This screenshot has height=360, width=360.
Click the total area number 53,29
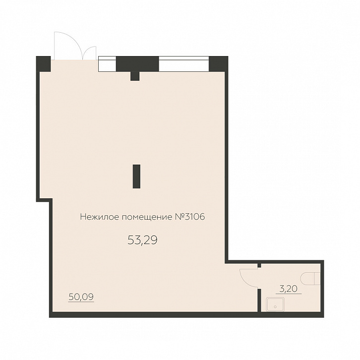[142, 240]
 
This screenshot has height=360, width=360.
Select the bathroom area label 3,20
[289, 289]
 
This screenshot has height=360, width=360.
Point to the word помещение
[147, 217]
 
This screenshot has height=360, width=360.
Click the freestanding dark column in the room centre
[136, 177]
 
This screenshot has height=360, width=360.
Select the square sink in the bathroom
[275, 304]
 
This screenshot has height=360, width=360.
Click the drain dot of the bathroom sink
[275, 306]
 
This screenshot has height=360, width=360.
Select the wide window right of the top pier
[184, 64]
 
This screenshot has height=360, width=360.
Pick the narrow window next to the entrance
[107, 64]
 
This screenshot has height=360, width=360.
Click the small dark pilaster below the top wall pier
[135, 76]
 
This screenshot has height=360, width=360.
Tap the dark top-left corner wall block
[44, 64]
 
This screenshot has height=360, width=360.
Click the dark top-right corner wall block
[218, 64]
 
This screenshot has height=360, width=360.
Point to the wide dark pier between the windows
[137, 64]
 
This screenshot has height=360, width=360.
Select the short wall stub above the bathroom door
[259, 266]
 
